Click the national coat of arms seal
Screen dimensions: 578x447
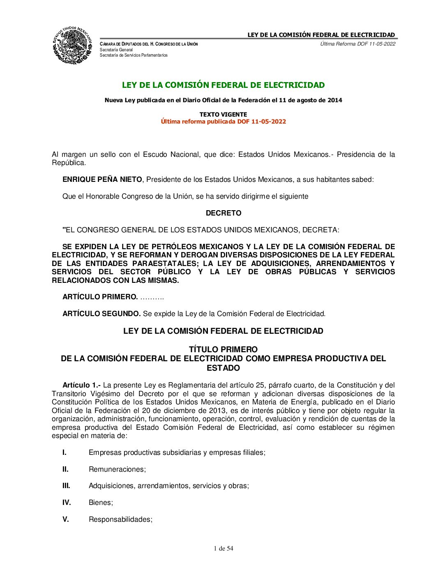coord(72,45)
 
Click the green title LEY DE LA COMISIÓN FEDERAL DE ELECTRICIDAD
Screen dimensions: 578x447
coord(223,85)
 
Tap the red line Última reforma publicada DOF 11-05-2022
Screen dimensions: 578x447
coord(223,122)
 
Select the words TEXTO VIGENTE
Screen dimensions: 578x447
coord(223,115)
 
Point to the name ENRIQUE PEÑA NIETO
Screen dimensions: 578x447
coord(102,179)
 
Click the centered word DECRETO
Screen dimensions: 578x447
coord(223,213)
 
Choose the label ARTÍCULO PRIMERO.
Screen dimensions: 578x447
coord(100,297)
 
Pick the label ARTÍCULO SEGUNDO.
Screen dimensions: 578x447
coord(101,314)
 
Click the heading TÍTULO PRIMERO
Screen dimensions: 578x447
coord(223,349)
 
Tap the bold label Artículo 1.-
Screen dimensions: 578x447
coord(81,385)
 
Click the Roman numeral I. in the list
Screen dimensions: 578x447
coord(65,452)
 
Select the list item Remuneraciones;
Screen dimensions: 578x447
coord(117,469)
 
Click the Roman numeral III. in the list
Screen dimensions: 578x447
coord(66,486)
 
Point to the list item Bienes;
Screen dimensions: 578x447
coord(101,502)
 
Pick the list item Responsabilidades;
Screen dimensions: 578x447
coord(120,519)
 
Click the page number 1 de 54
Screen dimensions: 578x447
coord(223,548)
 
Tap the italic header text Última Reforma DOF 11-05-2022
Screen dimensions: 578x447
coord(357,44)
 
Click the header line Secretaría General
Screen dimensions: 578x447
coord(116,50)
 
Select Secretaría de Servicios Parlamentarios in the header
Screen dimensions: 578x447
coord(134,55)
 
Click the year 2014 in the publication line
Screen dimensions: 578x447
coord(334,100)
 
